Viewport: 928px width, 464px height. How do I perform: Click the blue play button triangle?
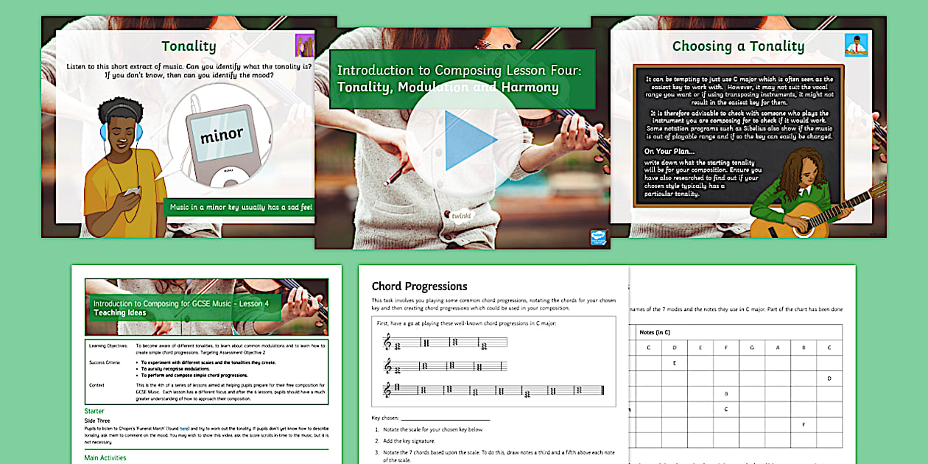pyautogui.click(x=470, y=141)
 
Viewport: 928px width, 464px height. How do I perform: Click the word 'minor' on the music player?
pyautogui.click(x=222, y=135)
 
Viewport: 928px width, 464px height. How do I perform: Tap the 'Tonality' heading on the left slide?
pyautogui.click(x=189, y=46)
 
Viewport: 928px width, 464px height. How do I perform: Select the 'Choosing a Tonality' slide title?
pyautogui.click(x=738, y=46)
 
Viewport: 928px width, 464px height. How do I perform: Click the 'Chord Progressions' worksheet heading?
pyautogui.click(x=419, y=287)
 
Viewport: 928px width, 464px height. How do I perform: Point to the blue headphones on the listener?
pyautogui.click(x=105, y=133)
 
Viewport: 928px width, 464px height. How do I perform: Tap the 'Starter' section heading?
pyautogui.click(x=94, y=411)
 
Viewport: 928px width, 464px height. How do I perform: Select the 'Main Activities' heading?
pyautogui.click(x=105, y=457)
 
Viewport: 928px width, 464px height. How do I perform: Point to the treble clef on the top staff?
pyautogui.click(x=387, y=342)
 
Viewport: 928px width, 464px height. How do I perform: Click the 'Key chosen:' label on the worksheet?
pyautogui.click(x=388, y=418)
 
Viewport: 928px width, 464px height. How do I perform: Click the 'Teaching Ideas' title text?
pyautogui.click(x=119, y=313)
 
